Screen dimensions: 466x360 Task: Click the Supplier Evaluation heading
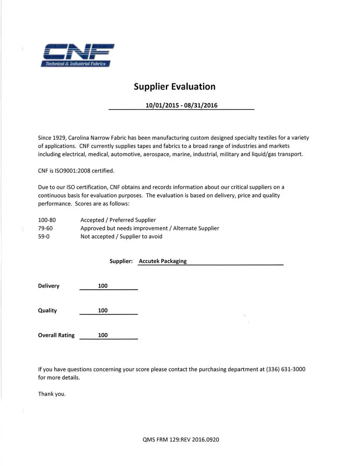point(175,87)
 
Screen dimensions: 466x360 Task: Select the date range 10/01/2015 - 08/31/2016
point(181,105)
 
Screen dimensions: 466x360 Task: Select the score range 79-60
point(45,228)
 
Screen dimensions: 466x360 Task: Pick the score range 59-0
point(44,237)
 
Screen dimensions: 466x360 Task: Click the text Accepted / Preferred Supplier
point(118,220)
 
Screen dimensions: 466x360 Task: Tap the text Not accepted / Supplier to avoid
point(122,237)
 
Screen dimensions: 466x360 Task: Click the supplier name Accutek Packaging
point(163,261)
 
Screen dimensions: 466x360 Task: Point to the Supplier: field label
point(121,261)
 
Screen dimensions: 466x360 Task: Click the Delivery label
point(49,286)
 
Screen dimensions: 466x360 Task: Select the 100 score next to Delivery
point(103,286)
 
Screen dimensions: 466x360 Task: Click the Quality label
point(48,311)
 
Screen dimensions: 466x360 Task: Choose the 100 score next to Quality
point(103,311)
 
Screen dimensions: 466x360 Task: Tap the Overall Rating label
point(56,336)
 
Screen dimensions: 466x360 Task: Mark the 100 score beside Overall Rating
point(103,336)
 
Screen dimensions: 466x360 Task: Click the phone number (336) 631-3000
point(286,370)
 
